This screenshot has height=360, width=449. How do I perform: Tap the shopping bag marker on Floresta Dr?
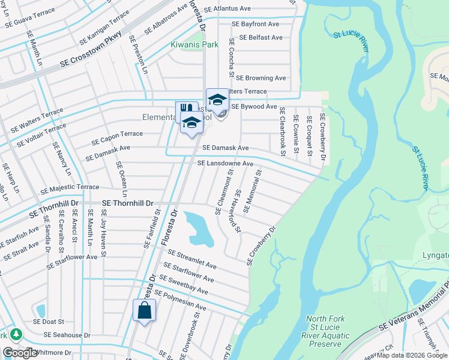145,311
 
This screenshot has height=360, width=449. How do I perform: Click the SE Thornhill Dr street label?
128,204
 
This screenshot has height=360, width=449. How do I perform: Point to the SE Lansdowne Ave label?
225,163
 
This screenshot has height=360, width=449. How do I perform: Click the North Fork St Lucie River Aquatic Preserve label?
329,331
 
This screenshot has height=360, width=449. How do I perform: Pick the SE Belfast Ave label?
261,37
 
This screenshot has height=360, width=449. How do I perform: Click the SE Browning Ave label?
261,78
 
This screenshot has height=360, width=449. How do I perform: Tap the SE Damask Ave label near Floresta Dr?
225,148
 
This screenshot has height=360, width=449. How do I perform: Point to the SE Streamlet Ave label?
192,260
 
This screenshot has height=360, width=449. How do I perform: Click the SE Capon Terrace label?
117,139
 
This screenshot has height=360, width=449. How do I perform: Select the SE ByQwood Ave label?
254,106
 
